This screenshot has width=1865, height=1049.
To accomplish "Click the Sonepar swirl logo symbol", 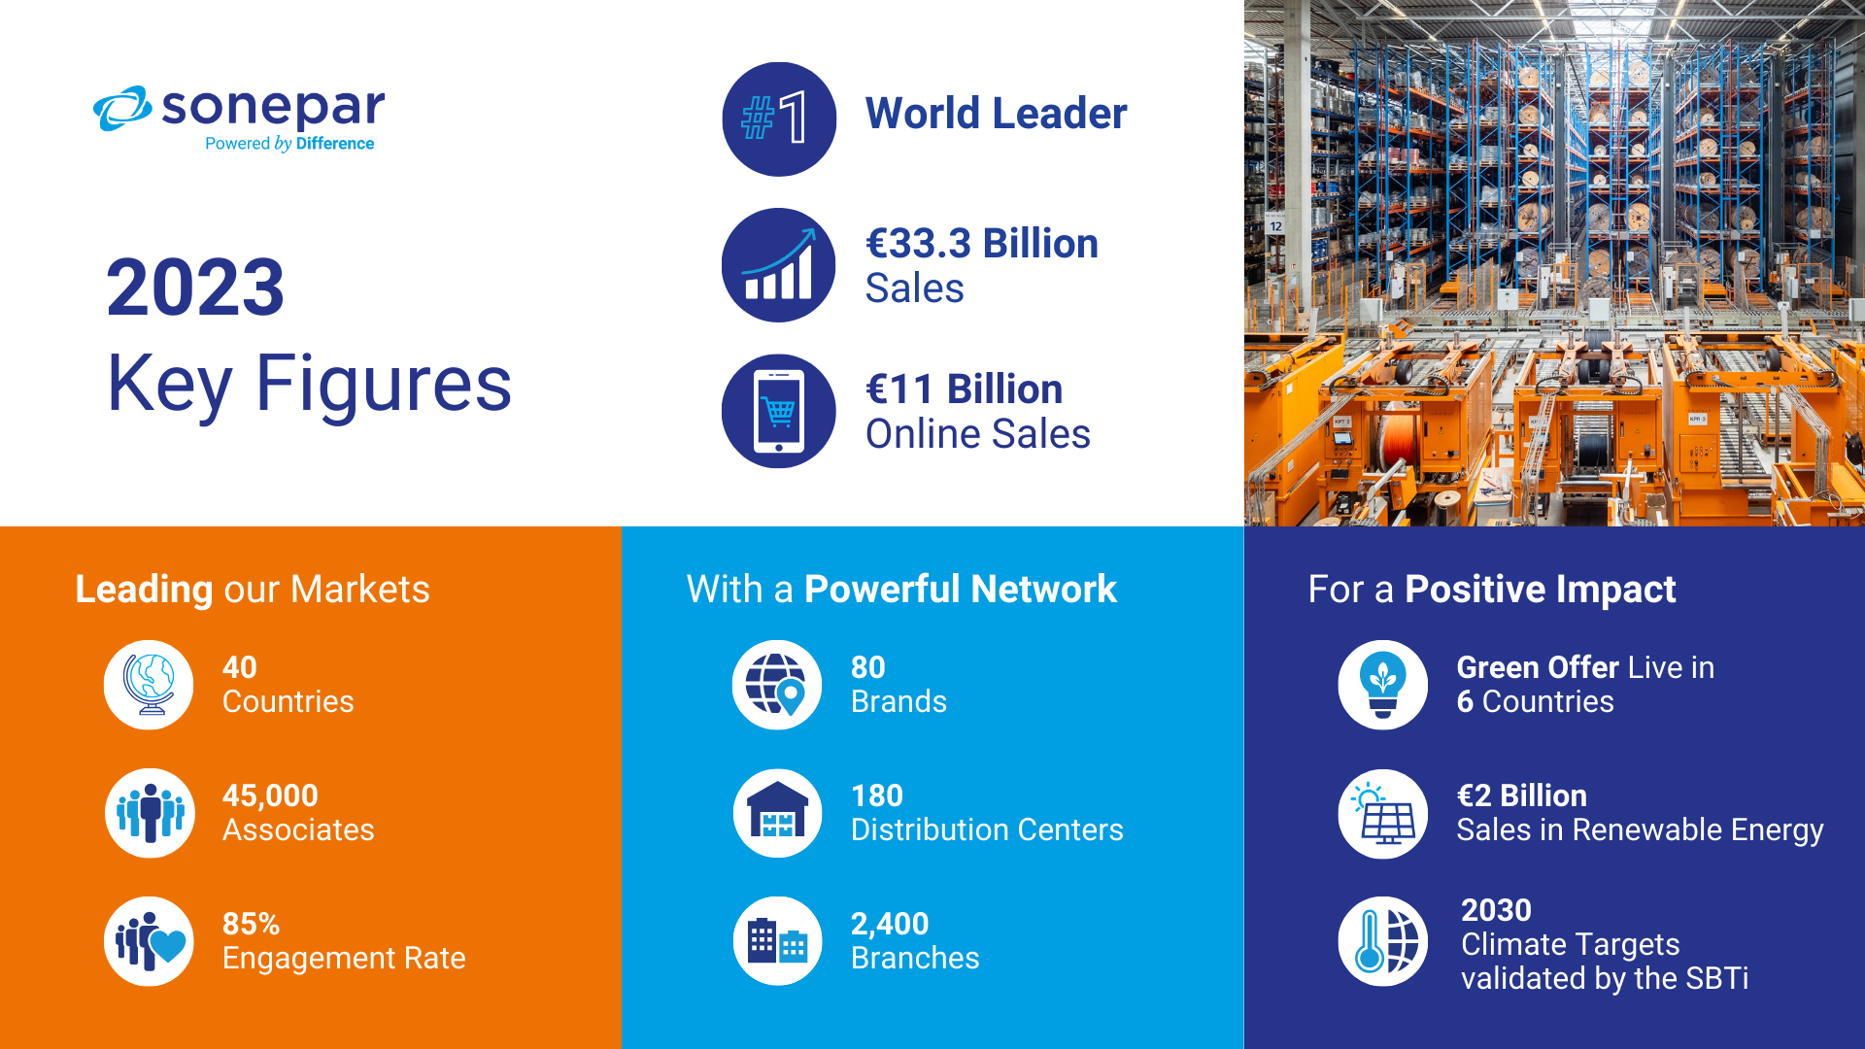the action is pos(122,108).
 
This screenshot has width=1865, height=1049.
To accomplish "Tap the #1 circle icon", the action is pos(779,119).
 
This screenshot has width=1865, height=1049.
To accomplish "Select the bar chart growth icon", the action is pos(779,265).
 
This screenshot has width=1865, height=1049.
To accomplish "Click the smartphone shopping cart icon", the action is pos(779,411).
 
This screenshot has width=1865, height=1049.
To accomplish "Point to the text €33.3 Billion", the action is pos(982,244).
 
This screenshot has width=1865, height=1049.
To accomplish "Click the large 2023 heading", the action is pos(195,288).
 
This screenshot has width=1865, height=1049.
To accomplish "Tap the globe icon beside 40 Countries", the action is pos(149,685).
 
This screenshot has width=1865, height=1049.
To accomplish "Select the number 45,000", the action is pos(270,795).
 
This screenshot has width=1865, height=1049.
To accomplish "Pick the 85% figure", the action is pos(251,924).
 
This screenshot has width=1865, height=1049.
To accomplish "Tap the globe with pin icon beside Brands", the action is pos(777,685).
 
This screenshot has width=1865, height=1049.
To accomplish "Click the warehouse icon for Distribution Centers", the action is pos(777,813).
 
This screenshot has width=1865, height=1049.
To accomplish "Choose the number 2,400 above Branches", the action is pos(890,924).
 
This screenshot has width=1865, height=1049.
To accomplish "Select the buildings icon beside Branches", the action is pos(777,941).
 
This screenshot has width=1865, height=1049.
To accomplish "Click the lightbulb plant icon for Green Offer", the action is pos(1383,685).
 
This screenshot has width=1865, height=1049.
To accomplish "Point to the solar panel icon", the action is pos(1383,813).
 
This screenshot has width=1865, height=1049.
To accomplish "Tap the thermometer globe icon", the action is pos(1383,941).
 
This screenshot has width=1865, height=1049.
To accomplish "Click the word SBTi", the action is pos(1717,978).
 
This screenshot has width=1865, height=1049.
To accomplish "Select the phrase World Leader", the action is pos(997,114).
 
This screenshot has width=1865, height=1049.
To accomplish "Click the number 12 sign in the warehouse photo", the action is pos(1275,225).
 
